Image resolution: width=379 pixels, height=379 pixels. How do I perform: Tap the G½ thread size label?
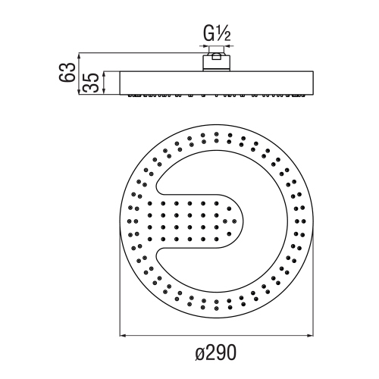click(x=217, y=35)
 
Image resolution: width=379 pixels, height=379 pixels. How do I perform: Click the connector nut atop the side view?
click(x=217, y=61)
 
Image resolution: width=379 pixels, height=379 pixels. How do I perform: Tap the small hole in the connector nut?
click(x=217, y=55)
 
